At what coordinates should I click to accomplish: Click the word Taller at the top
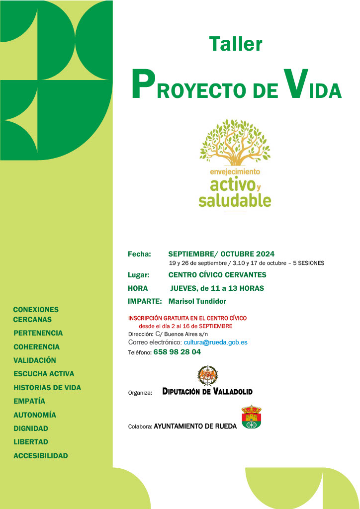(236, 44)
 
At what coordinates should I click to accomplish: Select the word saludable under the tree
(235, 200)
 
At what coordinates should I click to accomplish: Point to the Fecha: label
(139, 254)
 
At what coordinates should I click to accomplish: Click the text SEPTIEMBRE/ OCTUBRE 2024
(221, 254)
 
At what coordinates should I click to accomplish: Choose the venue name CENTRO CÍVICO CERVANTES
(217, 275)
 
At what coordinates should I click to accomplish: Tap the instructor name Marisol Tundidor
(197, 301)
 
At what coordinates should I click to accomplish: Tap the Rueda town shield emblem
(251, 417)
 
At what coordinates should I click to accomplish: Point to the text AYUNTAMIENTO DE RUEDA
(195, 426)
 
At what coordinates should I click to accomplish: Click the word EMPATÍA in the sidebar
(29, 401)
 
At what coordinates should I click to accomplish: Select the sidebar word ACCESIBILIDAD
(41, 455)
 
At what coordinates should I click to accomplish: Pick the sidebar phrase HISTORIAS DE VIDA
(47, 388)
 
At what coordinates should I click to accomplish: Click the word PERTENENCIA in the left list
(38, 333)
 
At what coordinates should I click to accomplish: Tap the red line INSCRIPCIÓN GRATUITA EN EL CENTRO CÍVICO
(187, 318)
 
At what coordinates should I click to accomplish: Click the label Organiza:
(140, 393)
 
